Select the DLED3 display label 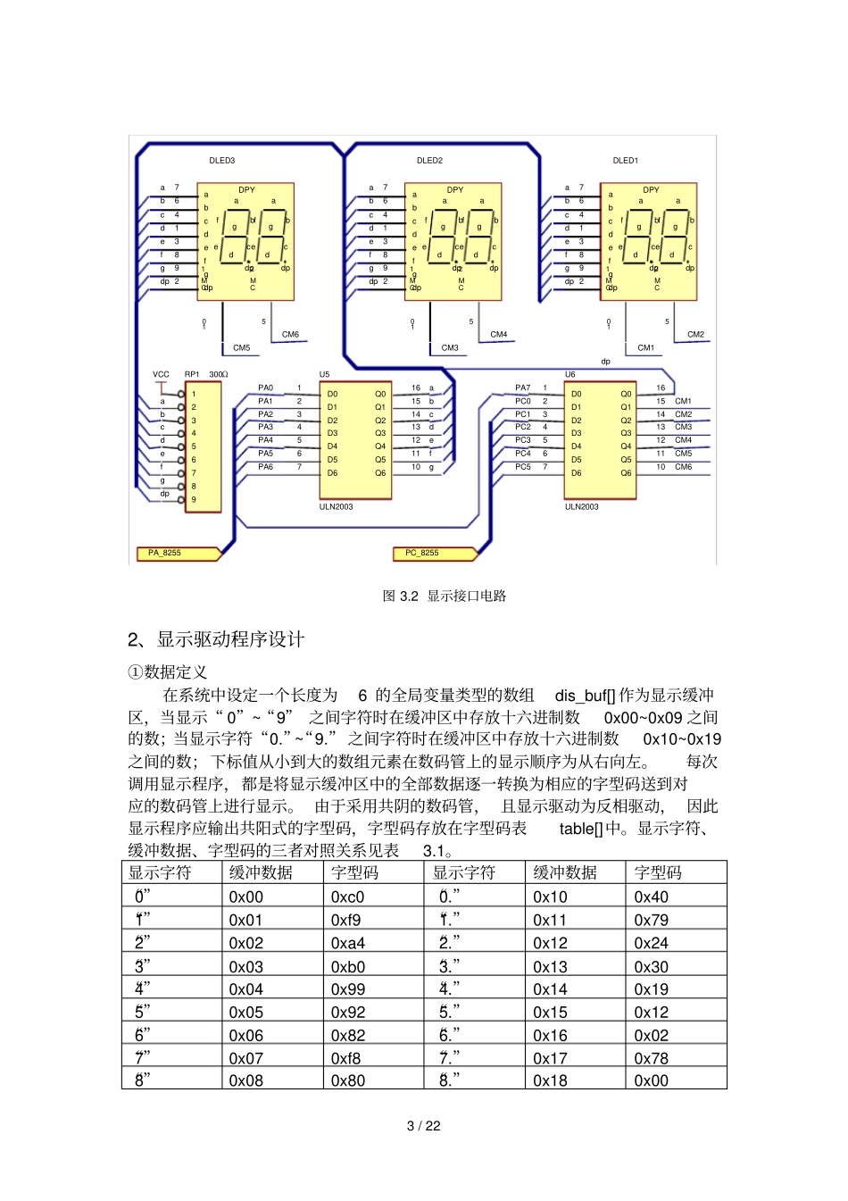222,161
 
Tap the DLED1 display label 625,161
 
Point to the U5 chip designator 324,374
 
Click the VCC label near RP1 161,374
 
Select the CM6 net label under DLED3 290,335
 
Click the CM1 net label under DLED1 645,348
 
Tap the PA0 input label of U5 266,388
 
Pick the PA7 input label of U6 522,388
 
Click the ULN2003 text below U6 582,506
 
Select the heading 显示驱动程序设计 230,639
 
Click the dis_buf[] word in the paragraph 585,695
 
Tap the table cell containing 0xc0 347,897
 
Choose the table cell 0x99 347,989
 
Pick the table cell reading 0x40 651,897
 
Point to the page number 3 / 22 423,1126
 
